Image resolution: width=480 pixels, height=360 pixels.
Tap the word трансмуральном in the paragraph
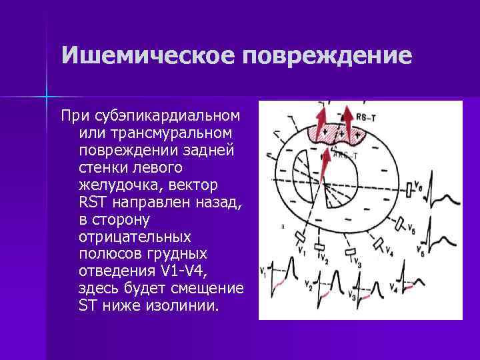[164, 134]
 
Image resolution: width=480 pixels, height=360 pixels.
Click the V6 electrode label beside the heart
[417, 183]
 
